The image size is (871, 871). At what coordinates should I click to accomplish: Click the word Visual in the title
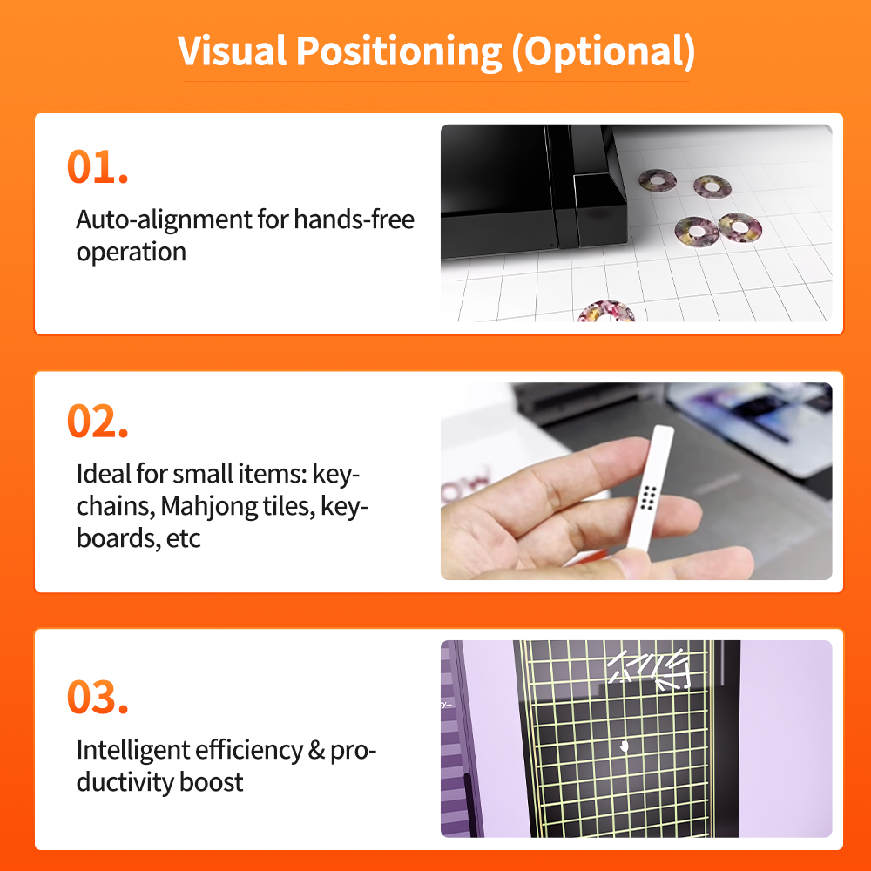click(233, 51)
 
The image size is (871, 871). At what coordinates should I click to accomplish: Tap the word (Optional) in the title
click(604, 52)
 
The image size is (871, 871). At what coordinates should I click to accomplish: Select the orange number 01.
click(98, 166)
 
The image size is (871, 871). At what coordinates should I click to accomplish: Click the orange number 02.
click(98, 421)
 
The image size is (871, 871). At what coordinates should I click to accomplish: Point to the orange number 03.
click(98, 697)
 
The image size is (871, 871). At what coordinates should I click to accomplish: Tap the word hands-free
click(354, 219)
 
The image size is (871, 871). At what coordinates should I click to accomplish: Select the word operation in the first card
click(132, 253)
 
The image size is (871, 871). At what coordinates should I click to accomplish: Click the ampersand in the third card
click(316, 750)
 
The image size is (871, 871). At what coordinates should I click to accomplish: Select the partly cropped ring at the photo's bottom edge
click(605, 312)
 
